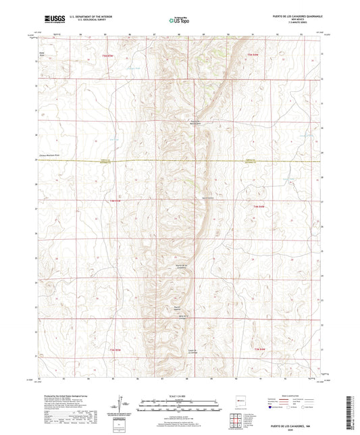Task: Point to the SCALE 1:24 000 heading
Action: (180, 396)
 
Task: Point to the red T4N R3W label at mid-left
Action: (113, 201)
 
